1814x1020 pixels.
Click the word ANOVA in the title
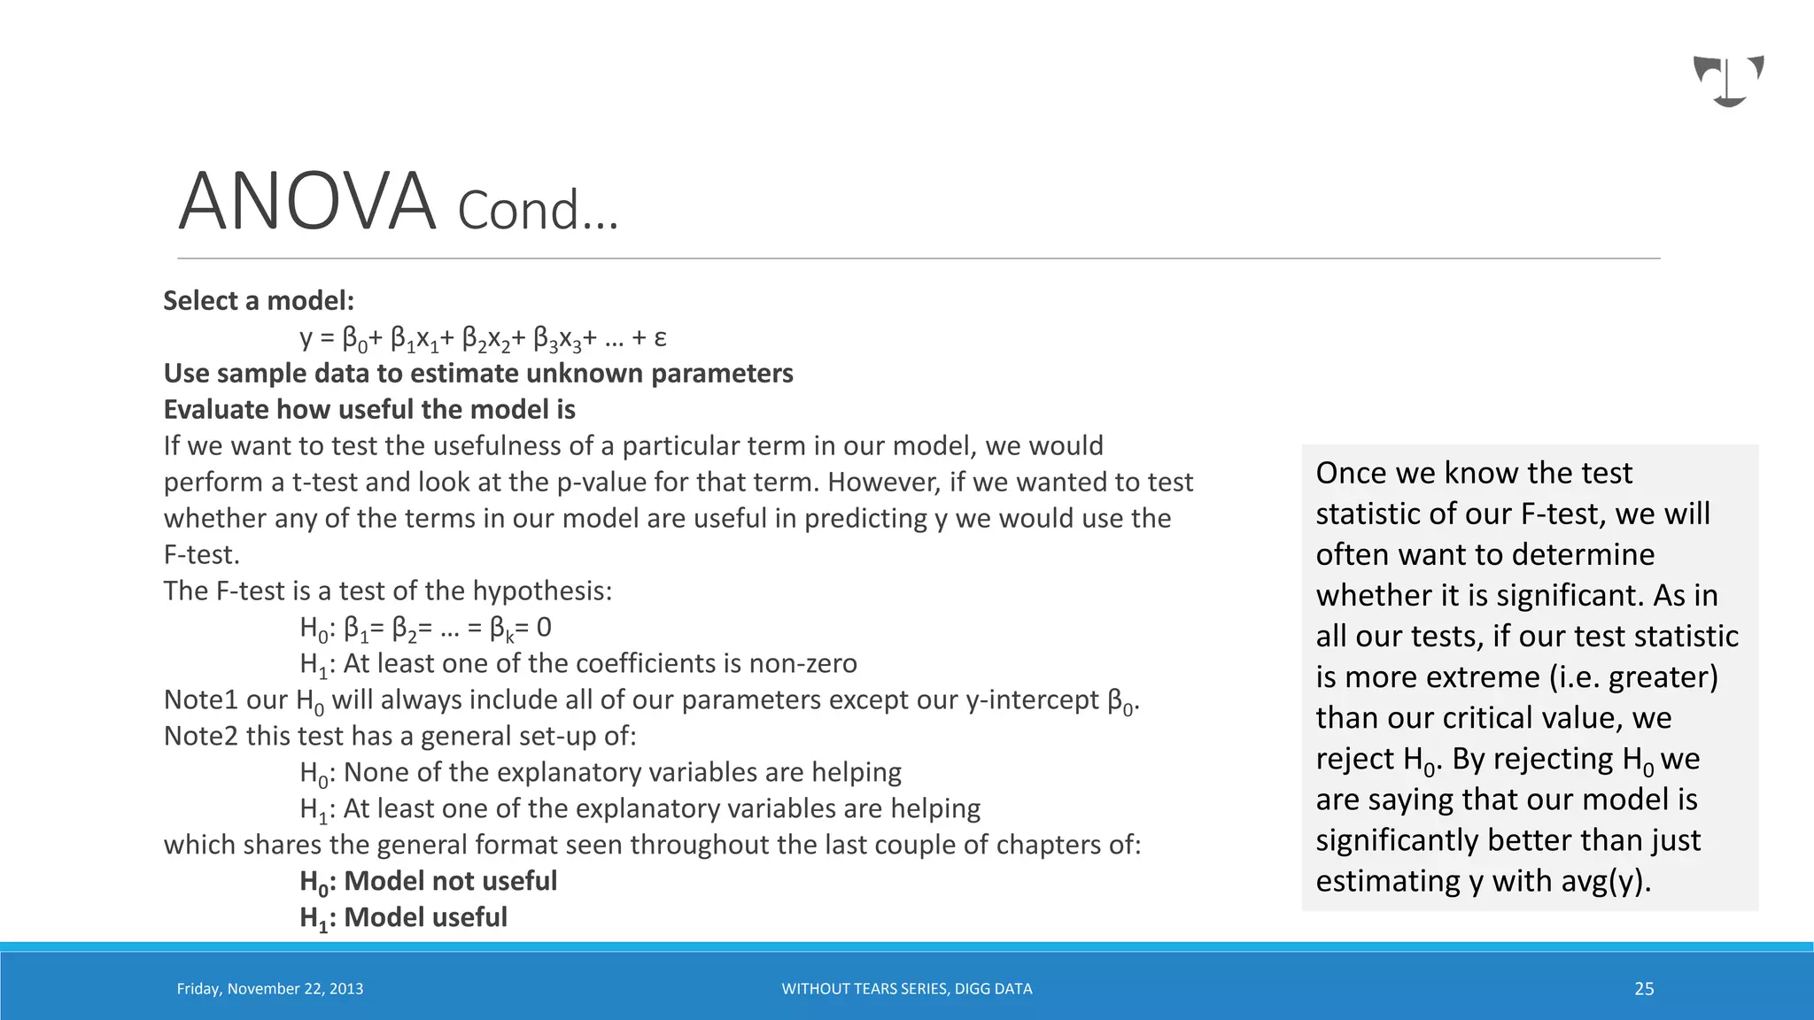coord(306,202)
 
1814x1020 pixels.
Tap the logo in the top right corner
coord(1728,81)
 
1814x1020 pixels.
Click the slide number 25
coord(1644,989)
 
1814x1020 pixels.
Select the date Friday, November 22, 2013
coord(270,989)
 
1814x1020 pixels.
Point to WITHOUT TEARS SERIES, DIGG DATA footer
coord(906,989)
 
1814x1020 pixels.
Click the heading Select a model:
coord(259,301)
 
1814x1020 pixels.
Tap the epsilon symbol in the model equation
coord(660,337)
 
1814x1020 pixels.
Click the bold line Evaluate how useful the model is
coord(369,410)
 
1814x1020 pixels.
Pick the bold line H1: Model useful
coord(403,917)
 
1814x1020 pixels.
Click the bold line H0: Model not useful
coord(428,881)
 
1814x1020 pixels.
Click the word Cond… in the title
coord(538,211)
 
